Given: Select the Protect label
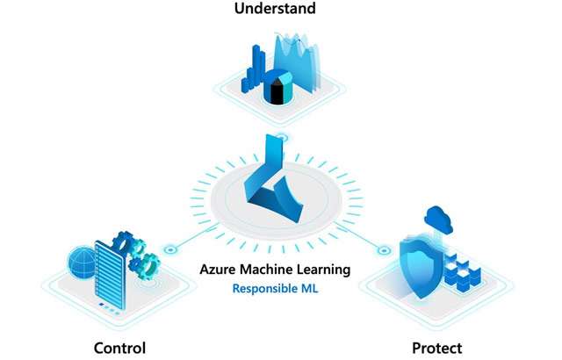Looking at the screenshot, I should pos(436,347).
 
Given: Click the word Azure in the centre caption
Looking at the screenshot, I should pos(219,269).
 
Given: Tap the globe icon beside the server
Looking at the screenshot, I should pos(83,261).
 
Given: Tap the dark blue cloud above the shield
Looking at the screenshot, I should pos(436,217).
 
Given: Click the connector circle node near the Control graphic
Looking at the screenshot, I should pos(169,249).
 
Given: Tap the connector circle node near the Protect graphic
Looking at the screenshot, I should pos(384,251).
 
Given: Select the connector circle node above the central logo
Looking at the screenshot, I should pos(280,137).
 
